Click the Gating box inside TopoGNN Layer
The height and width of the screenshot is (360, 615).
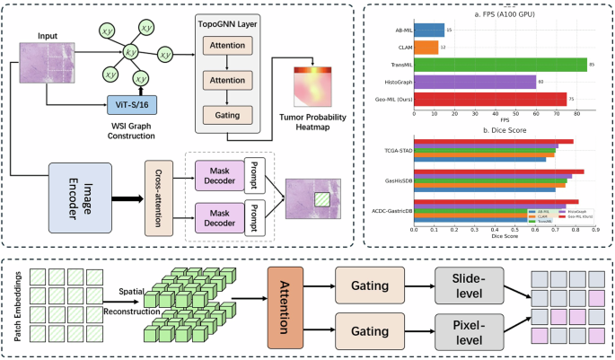227,115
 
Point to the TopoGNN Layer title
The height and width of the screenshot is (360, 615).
227,24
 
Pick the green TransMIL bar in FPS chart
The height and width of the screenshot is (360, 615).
505,65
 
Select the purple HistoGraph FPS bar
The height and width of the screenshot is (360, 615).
479,82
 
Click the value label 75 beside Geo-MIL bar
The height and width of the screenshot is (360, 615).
572,99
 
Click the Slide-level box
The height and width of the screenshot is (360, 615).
466,284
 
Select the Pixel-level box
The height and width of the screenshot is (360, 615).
466,331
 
